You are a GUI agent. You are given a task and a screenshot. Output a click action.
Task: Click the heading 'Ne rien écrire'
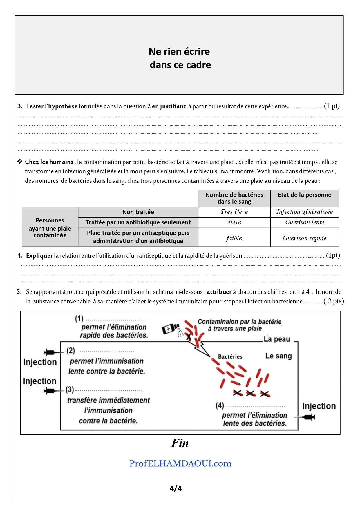tap(179, 52)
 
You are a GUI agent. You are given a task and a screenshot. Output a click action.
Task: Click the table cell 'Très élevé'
tap(234, 212)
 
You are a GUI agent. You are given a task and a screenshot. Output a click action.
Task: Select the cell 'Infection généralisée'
tap(304, 212)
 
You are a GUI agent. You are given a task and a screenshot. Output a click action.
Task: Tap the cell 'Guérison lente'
tap(305, 222)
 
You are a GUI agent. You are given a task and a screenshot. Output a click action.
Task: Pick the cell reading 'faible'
tap(234, 238)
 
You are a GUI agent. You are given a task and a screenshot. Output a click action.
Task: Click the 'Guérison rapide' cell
tap(305, 238)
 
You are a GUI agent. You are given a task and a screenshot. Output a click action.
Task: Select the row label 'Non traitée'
tap(138, 212)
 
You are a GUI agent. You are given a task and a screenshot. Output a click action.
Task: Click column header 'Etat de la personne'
tap(304, 195)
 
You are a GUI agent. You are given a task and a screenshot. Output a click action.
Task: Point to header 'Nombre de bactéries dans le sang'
tap(234, 198)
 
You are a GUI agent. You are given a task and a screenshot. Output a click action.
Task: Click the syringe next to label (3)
tap(49, 391)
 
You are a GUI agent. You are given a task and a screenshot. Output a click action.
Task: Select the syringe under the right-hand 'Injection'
tap(309, 417)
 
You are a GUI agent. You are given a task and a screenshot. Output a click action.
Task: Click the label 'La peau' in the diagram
tap(276, 339)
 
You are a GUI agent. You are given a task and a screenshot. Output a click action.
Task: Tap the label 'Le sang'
tap(278, 356)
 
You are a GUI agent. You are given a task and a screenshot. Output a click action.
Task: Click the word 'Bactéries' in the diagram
tap(230, 356)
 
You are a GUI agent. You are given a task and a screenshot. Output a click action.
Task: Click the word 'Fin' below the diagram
tap(180, 443)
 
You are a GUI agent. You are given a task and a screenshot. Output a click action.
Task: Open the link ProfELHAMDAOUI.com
tap(180, 463)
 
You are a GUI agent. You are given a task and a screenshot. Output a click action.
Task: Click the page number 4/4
tap(176, 489)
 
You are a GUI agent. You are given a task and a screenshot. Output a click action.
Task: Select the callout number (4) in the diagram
tap(220, 405)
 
